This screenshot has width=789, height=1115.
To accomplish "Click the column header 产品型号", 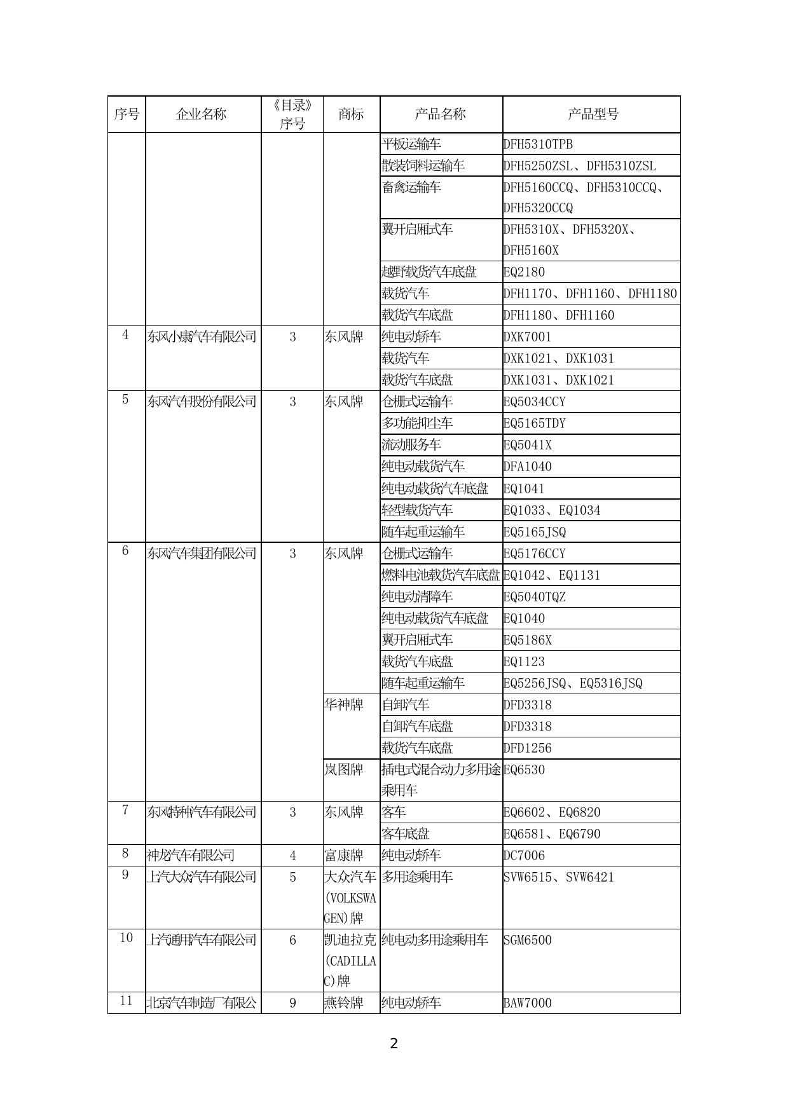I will click(592, 114).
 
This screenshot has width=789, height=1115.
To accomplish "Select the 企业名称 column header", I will click(202, 114).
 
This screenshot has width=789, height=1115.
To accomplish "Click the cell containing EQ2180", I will click(524, 272).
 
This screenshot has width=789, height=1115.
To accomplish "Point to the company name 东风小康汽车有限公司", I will click(202, 336).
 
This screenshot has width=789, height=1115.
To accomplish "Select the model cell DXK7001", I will click(527, 337).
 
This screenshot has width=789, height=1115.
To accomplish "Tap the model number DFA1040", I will click(527, 467).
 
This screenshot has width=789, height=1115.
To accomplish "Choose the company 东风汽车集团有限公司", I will click(202, 553).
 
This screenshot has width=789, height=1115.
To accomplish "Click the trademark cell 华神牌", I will click(344, 704).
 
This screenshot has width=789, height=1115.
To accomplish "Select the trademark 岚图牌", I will click(344, 769).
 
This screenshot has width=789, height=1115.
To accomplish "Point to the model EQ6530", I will click(524, 770).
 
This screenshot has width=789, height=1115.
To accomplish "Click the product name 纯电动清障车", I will click(417, 597).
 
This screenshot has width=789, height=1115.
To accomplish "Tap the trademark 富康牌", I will click(344, 856).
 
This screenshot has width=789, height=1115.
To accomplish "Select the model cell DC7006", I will click(524, 856).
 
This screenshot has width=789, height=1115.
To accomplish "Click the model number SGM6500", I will click(527, 940).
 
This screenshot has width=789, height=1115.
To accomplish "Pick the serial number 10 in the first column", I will click(126, 938).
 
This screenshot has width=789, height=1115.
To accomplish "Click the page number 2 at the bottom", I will click(394, 1043).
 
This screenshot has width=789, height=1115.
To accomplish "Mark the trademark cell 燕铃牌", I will click(344, 1003).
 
